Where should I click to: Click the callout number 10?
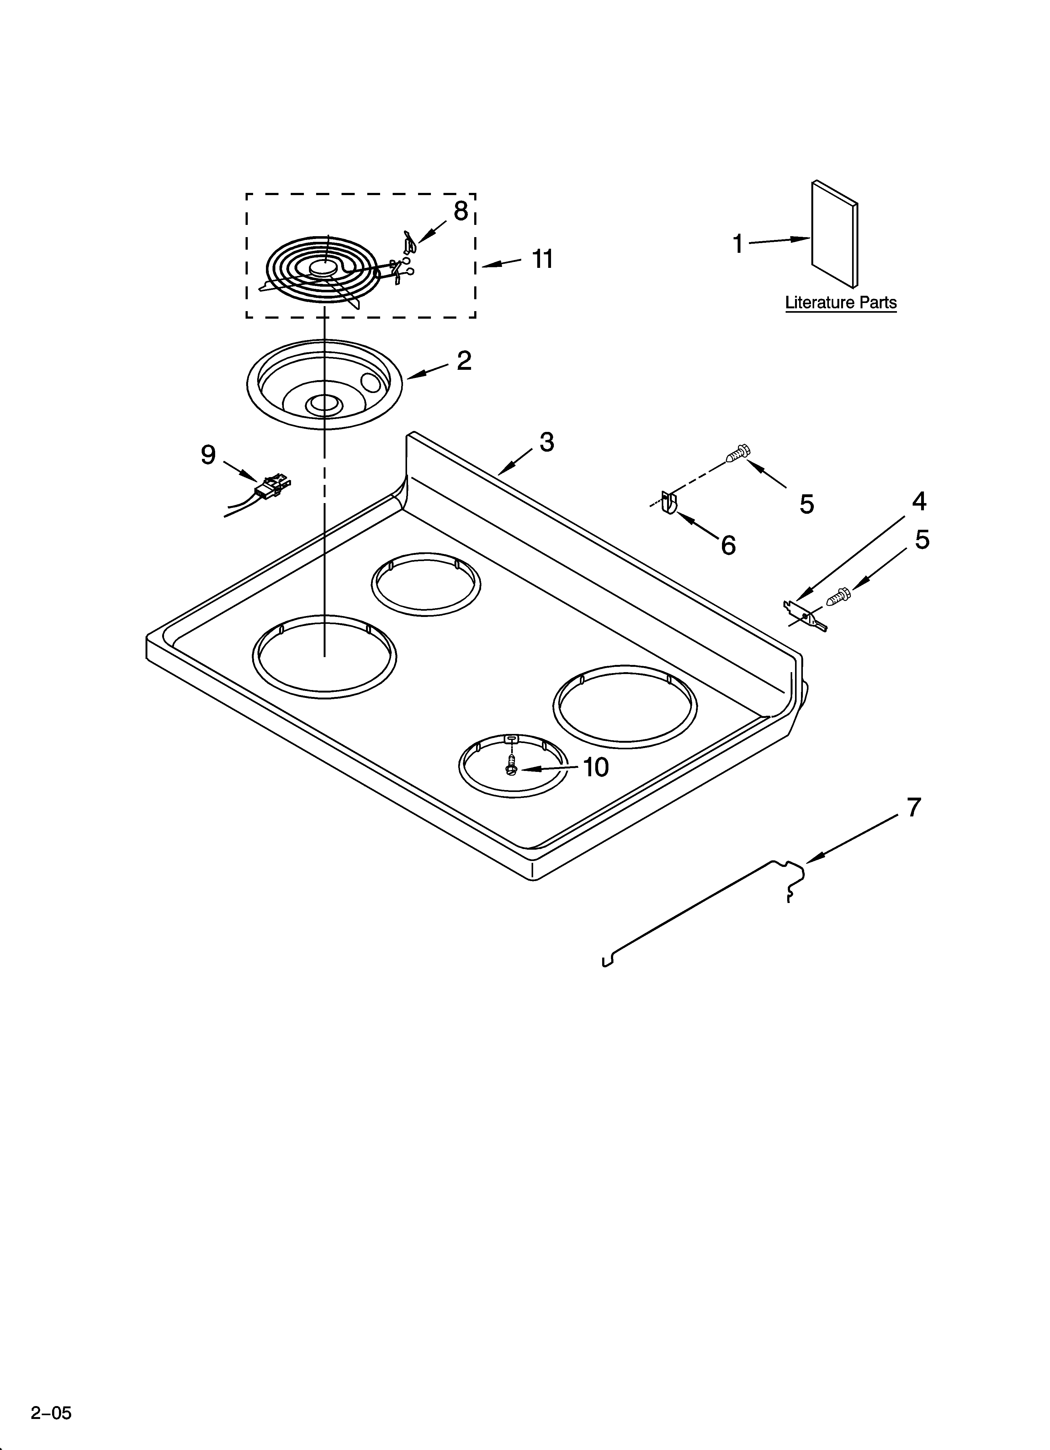click(x=595, y=767)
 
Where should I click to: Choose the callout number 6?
click(x=728, y=545)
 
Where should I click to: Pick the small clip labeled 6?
click(x=669, y=503)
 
